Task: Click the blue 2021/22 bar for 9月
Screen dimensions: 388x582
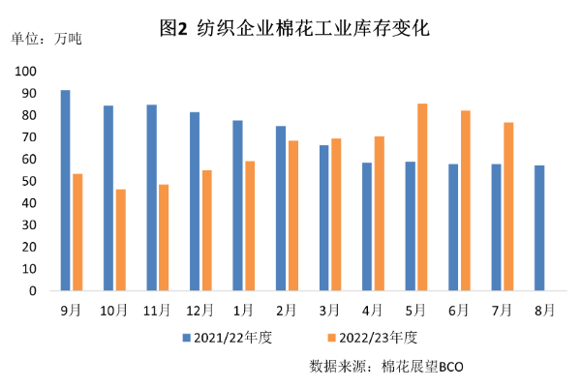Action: (x=65, y=191)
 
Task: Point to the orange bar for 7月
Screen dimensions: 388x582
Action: (x=507, y=206)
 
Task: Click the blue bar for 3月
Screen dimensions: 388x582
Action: (x=324, y=218)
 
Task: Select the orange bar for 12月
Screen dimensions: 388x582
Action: (x=206, y=230)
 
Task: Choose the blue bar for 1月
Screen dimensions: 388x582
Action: (x=237, y=205)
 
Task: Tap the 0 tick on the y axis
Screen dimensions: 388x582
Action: (x=33, y=290)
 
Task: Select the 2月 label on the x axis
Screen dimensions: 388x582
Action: (x=287, y=311)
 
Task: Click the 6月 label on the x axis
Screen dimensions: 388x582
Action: (x=459, y=311)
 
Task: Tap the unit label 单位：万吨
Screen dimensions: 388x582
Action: (x=46, y=40)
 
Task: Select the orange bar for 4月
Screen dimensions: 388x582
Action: (x=379, y=214)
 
